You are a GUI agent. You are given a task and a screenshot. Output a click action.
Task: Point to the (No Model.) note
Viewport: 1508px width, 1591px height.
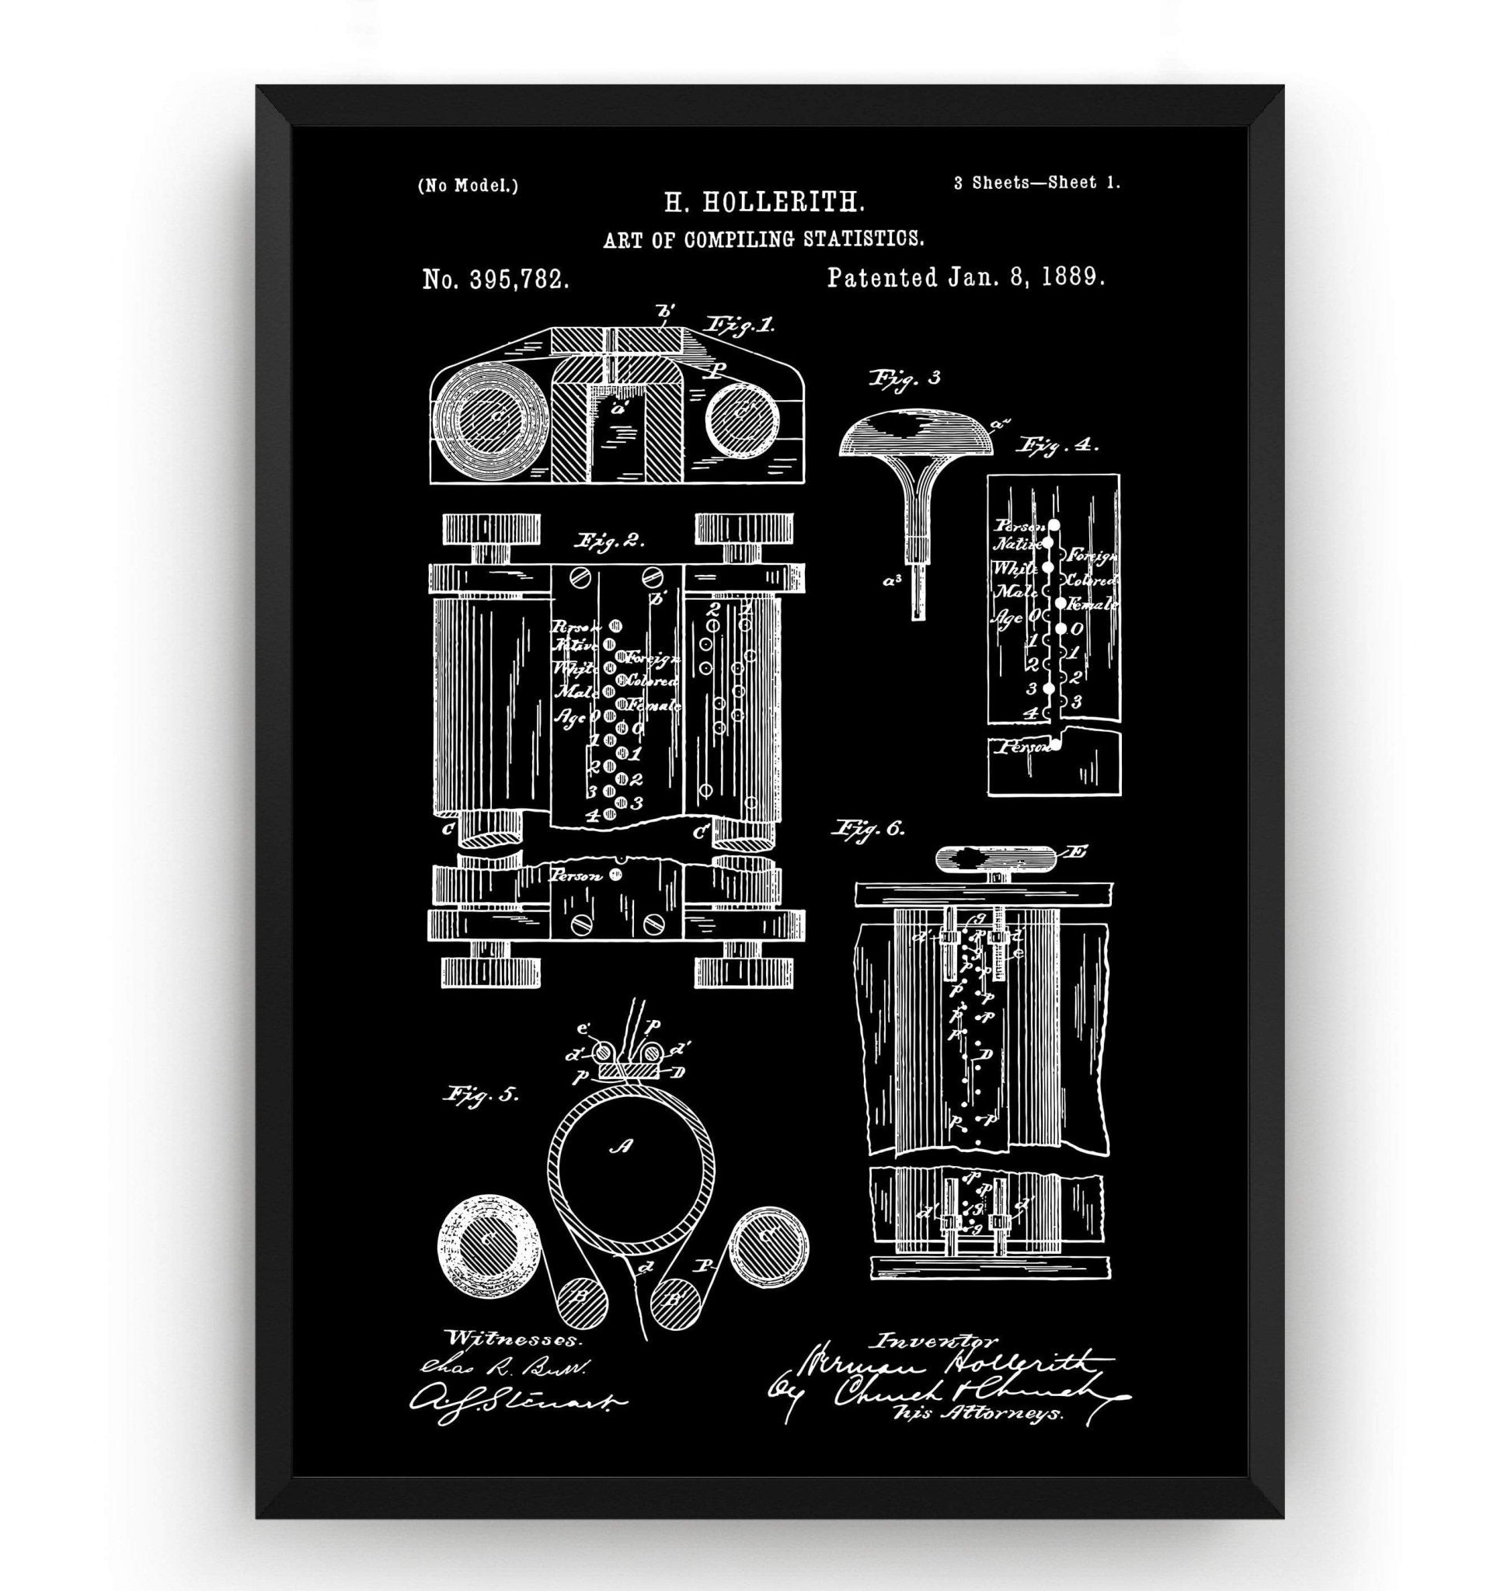[x=467, y=186]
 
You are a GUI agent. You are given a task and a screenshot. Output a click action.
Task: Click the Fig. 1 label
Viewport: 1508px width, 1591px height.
[x=739, y=325]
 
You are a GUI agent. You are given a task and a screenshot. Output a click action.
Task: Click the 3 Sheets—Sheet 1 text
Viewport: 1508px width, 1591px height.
[x=1037, y=183]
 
